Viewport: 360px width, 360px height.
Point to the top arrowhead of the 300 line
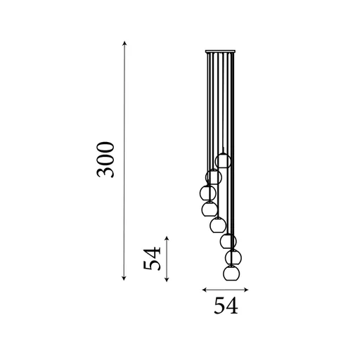[x=125, y=44]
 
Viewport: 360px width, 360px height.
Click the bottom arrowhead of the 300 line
[x=125, y=279]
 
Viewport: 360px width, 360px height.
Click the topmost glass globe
[x=224, y=160]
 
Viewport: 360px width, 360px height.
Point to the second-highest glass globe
[x=214, y=177]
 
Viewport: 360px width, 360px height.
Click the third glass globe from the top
[x=207, y=192]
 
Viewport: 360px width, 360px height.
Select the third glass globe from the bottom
[x=227, y=241]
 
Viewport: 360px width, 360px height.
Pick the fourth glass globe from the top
[x=209, y=209]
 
